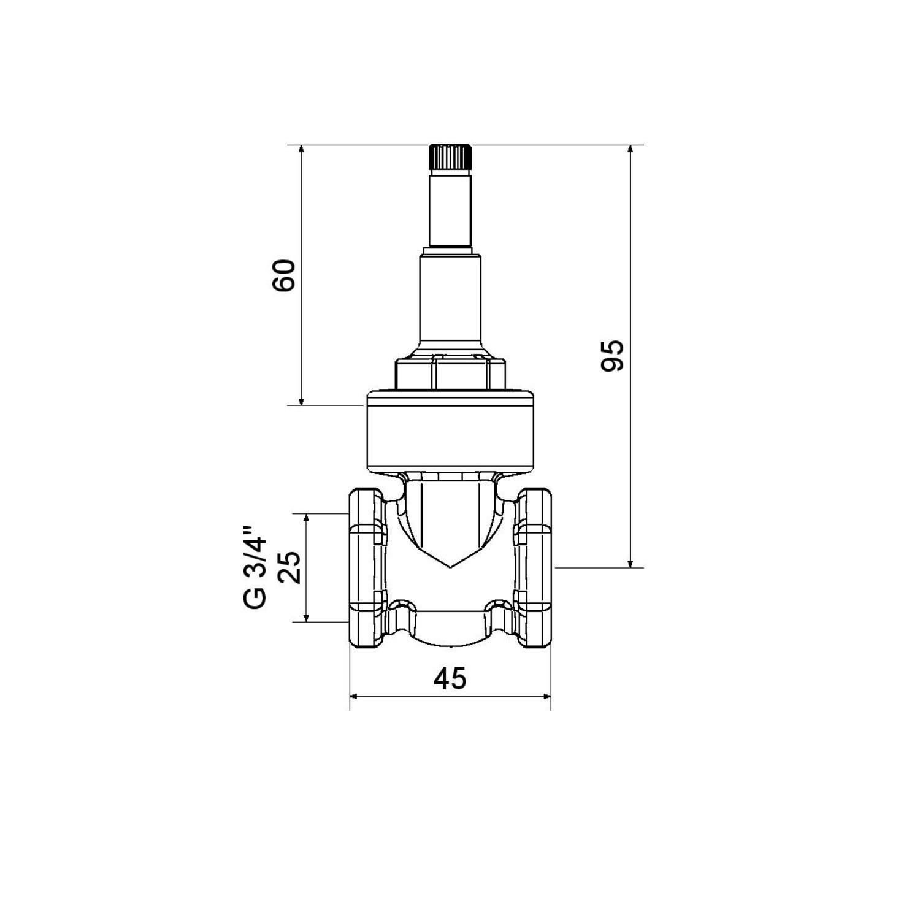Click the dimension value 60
tap(285, 275)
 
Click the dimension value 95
tap(613, 355)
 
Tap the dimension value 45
tap(450, 679)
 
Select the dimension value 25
tap(290, 567)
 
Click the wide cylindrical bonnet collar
tap(450, 431)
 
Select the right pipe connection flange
tap(534, 567)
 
